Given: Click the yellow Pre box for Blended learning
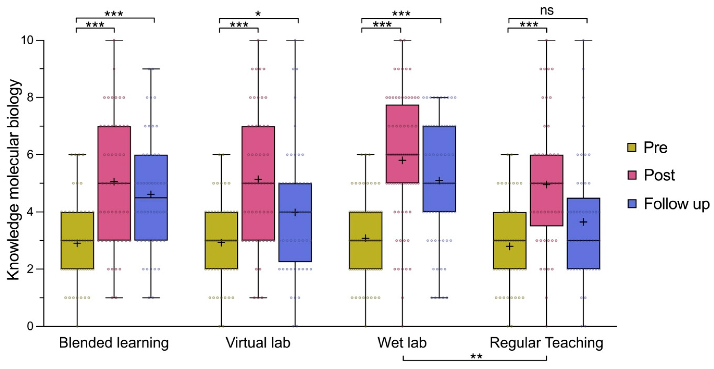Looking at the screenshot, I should point(77,240).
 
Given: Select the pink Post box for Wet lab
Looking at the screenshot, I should point(402,144).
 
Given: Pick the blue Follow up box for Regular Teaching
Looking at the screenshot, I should point(583,233).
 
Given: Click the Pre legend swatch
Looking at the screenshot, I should point(632,147).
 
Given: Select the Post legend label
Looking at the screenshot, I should point(659,175).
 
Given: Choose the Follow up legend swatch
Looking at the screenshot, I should point(632,204).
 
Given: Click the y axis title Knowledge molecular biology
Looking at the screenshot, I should point(14,180).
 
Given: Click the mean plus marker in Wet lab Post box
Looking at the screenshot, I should point(402,160).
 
